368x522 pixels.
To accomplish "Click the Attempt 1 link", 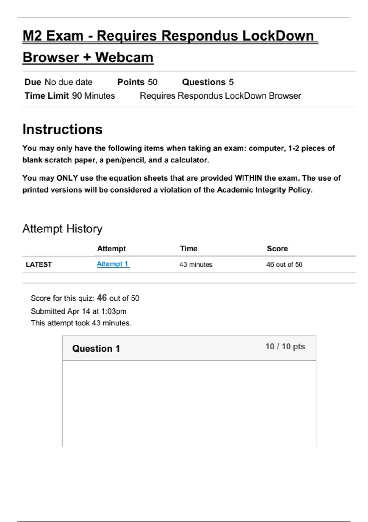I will (112, 264).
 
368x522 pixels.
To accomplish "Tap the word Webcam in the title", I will (124, 57).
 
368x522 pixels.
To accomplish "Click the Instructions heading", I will (62, 129).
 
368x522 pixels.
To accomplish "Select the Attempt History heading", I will (62, 229).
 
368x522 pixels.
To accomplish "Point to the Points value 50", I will (153, 82).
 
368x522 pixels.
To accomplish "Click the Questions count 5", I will (231, 82).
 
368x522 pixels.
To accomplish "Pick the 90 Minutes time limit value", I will (94, 96).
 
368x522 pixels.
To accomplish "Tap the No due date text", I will (68, 82).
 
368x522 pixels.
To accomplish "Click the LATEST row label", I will (39, 264).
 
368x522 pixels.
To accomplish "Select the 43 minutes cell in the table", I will (196, 264).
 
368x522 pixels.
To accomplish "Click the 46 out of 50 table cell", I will (284, 264).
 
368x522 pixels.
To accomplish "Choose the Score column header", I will (277, 249).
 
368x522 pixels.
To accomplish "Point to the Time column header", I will (189, 249).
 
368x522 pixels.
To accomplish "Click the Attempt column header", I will (111, 249).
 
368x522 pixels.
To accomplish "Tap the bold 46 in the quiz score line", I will (102, 298).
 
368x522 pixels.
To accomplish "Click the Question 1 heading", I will (96, 349).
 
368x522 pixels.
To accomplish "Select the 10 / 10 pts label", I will (285, 346).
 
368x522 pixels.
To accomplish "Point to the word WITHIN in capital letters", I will (248, 178).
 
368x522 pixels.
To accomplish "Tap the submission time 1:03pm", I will (114, 311).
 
